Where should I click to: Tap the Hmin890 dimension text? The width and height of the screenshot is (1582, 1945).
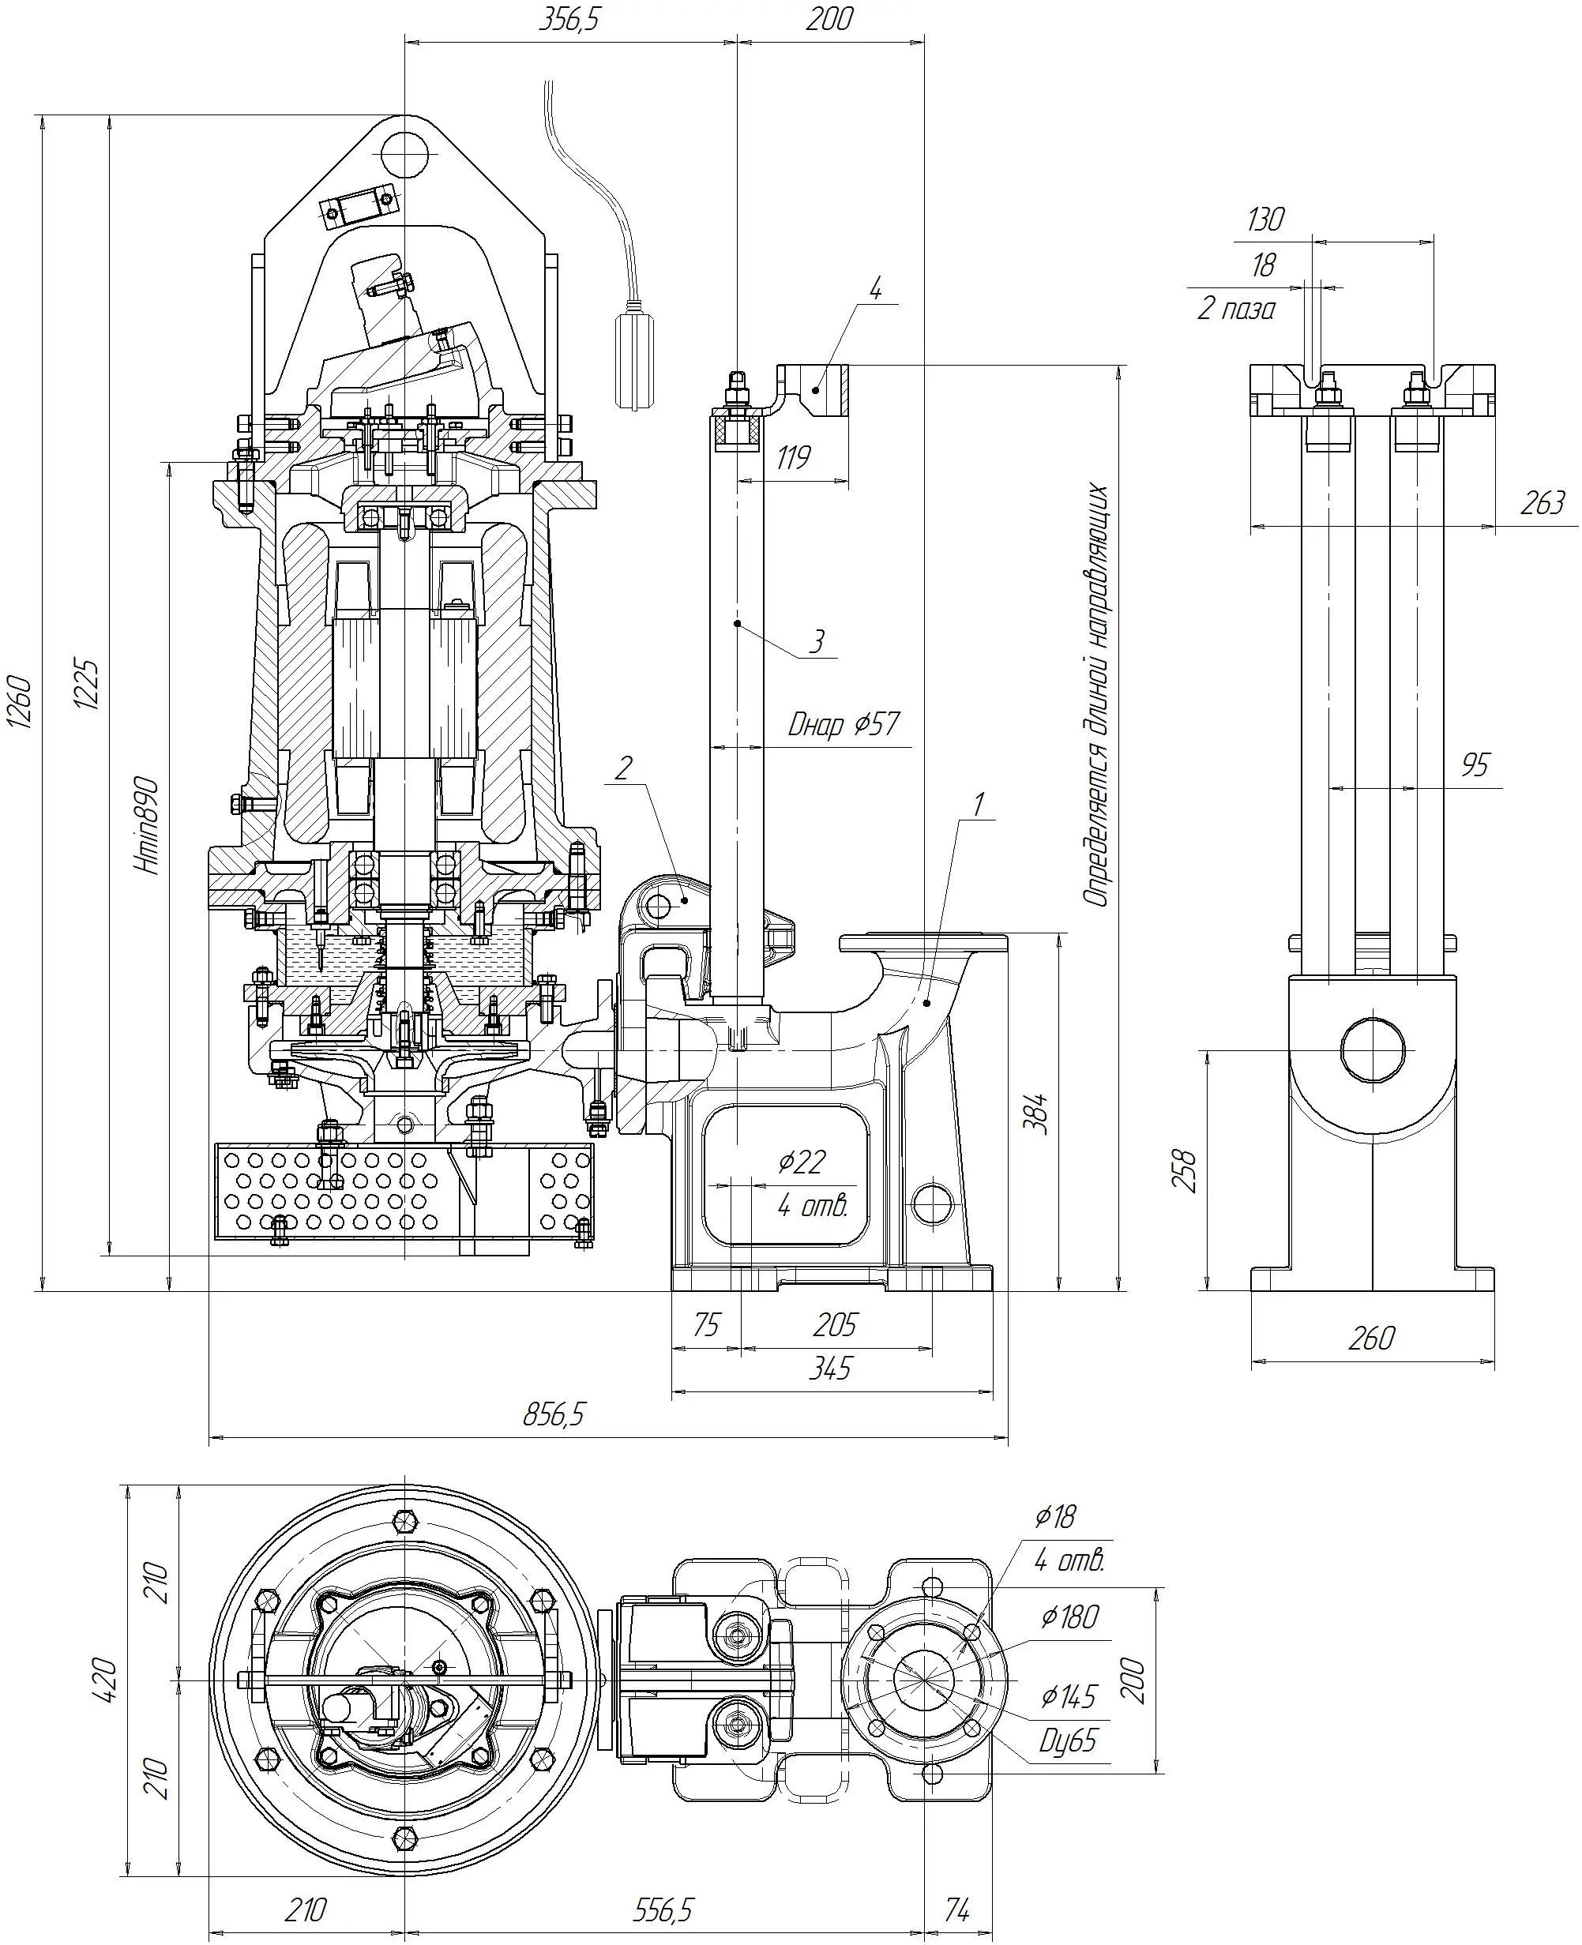pyautogui.click(x=148, y=825)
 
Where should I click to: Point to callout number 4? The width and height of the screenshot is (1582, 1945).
pyautogui.click(x=875, y=291)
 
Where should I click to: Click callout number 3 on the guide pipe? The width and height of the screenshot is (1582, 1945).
pyautogui.click(x=817, y=641)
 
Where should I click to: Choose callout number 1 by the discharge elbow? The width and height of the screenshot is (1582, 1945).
pyautogui.click(x=978, y=805)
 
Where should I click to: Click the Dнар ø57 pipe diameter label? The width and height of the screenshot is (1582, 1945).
pyautogui.click(x=843, y=724)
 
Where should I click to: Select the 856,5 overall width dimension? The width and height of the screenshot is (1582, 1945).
pyautogui.click(x=554, y=1414)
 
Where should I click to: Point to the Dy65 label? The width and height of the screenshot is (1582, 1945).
pyautogui.click(x=1068, y=1741)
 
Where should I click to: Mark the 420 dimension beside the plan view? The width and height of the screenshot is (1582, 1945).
pyautogui.click(x=105, y=1679)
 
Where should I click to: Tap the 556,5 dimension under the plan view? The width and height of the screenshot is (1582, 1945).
pyautogui.click(x=663, y=1903)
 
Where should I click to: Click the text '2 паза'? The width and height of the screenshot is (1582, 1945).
pyautogui.click(x=1236, y=310)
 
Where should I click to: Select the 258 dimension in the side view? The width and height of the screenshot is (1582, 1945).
pyautogui.click(x=1185, y=1170)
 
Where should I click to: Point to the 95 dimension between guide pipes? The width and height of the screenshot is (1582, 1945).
pyautogui.click(x=1475, y=764)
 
